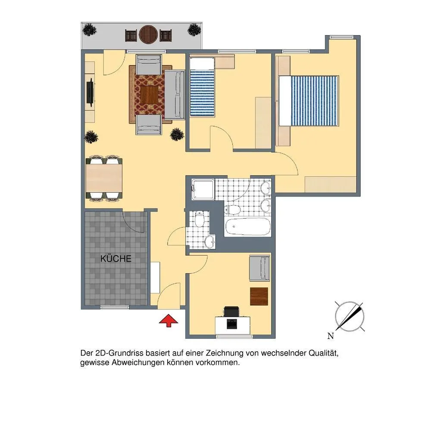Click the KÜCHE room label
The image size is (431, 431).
[116, 259]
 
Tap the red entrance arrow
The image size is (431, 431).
[169, 321]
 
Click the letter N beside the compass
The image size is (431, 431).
[331, 336]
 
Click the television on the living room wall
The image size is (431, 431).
[90, 92]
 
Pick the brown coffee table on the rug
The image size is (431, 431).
[150, 95]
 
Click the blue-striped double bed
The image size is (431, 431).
[309, 101]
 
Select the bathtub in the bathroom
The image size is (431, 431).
[248, 227]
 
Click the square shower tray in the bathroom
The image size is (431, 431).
[203, 189]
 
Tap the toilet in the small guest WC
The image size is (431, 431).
[199, 219]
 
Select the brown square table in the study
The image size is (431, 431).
[259, 297]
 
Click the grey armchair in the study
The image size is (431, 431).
[259, 268]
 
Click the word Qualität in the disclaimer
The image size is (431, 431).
[323, 353]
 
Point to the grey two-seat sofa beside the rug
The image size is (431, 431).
[175, 95]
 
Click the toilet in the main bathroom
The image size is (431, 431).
[232, 210]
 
